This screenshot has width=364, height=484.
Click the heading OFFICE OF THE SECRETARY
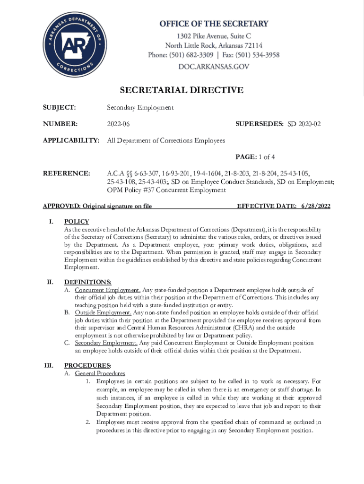coord(213,24)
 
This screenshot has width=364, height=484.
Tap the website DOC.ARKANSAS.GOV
coord(213,67)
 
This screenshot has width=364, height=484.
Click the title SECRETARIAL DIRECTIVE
coord(182,90)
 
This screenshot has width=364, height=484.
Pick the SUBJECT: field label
coord(60,108)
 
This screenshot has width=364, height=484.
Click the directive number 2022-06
coord(118,124)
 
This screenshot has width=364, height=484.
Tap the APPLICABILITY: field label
coord(71,141)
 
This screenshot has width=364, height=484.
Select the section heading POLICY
coord(77,222)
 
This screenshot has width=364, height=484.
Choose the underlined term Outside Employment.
coord(103,312)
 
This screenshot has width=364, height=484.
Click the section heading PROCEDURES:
coord(88,365)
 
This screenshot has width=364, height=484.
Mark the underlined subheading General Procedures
coord(100,373)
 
